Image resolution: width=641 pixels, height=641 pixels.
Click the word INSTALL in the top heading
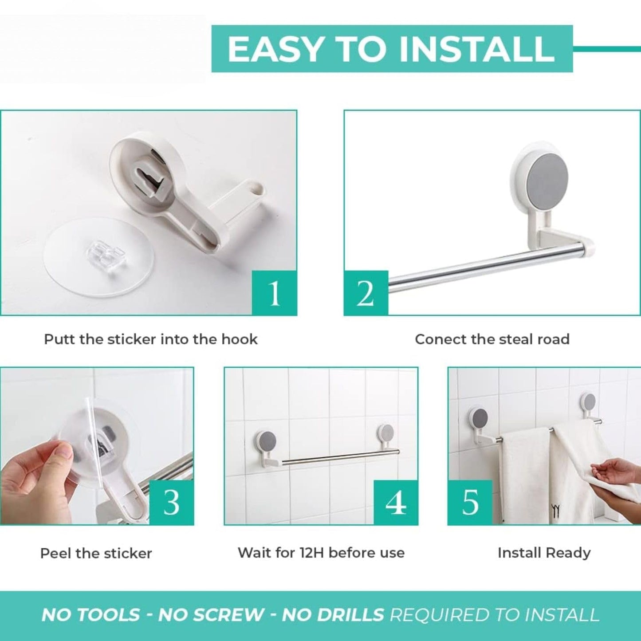coord(477,49)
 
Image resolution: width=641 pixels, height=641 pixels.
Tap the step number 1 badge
coord(274,293)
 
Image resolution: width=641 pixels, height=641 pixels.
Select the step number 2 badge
coord(366,293)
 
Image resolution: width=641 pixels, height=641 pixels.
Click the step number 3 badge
coord(171,502)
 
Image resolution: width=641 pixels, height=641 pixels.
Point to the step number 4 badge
coord(396,502)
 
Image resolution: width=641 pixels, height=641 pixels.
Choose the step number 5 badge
coord(470,502)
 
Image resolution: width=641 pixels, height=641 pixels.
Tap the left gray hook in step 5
coord(478,418)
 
